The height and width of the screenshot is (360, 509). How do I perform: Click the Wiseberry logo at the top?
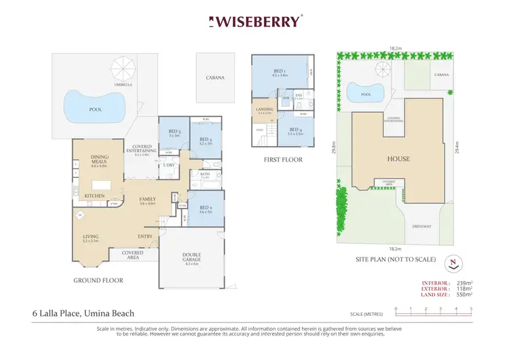click(254, 22)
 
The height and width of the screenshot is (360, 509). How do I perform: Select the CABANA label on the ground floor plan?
click(215, 78)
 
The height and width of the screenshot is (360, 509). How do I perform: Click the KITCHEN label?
click(94, 196)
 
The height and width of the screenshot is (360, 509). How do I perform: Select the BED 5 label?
click(174, 132)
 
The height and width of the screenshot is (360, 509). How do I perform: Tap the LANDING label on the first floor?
click(264, 109)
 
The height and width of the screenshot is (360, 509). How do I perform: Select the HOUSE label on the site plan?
click(398, 159)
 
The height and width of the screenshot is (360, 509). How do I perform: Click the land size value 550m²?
click(464, 294)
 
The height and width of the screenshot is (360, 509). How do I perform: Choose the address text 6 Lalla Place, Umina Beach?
click(83, 313)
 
